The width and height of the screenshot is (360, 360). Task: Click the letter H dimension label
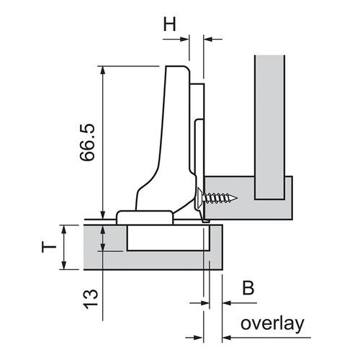coord(170,24)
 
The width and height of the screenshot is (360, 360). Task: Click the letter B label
coord(248,289)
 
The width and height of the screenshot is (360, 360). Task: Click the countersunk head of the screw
coord(199,196)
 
